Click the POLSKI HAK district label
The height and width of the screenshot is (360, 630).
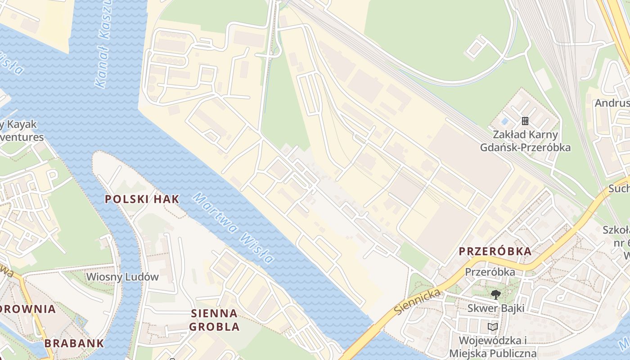(142, 199)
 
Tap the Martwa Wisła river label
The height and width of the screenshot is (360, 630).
(233, 228)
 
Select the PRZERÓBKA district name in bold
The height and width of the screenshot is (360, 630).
(495, 252)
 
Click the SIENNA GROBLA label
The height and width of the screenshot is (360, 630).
(214, 319)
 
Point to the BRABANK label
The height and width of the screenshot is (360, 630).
(74, 343)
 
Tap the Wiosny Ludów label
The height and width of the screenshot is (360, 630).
(122, 276)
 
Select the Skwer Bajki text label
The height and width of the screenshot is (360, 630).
(495, 308)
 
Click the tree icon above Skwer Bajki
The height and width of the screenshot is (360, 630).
(495, 295)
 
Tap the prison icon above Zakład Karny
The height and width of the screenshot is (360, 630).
(525, 121)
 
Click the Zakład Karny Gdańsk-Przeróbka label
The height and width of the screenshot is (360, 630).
(525, 141)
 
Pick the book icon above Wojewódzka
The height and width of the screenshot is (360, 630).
(493, 327)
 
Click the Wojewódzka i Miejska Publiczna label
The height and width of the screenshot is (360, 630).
(493, 346)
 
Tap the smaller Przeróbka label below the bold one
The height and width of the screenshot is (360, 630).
(490, 272)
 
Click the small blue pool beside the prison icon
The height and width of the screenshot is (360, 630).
(504, 121)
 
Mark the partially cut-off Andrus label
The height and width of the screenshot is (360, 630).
(612, 103)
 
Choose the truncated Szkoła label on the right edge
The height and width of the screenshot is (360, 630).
(616, 237)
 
